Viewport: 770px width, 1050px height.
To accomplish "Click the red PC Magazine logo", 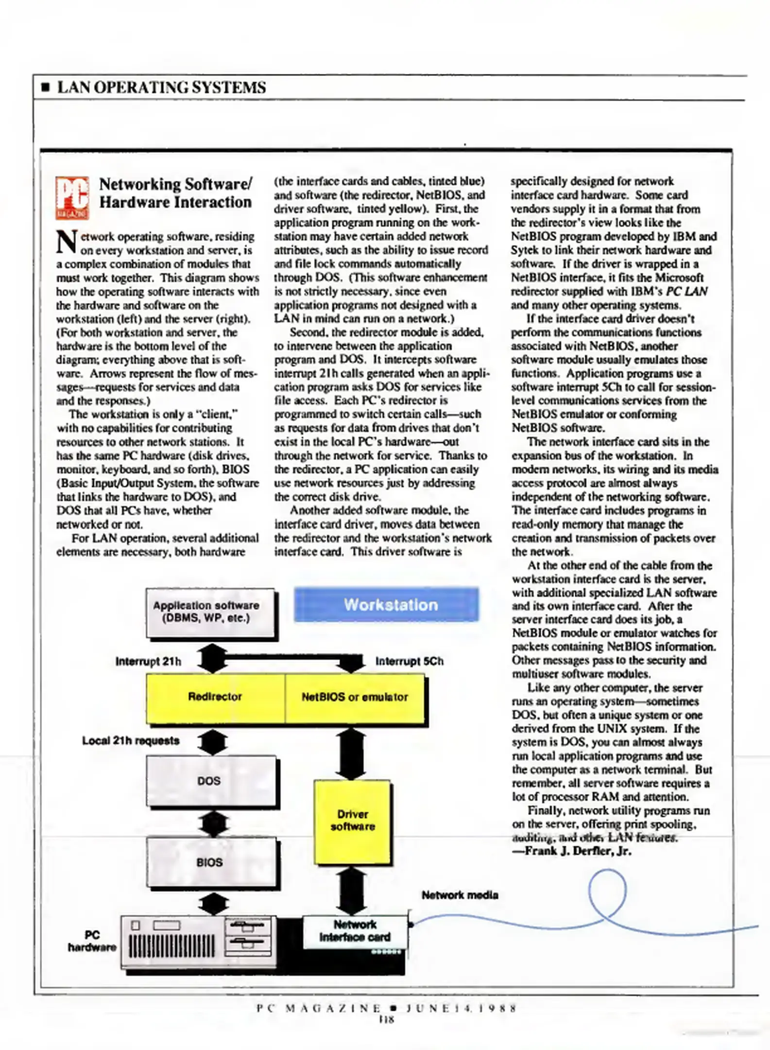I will coord(72,197).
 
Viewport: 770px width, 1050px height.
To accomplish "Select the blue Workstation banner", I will coord(386,604).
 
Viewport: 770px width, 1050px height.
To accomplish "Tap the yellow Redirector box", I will coord(215,697).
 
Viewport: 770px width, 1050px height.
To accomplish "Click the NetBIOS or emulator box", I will coord(355,697).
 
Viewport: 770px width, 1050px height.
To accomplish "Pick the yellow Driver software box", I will coord(353,821).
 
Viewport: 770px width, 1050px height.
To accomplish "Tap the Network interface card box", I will coord(355,931).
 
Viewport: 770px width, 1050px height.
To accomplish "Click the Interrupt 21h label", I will coord(148,662).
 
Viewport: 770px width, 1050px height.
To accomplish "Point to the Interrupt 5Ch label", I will coord(409,662).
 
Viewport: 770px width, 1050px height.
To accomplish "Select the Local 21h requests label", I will coord(131,741).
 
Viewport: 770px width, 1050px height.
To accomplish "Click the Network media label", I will coord(460,895).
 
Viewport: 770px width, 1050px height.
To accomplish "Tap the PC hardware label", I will coord(92,941).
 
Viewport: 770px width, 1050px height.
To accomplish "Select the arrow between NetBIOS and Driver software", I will coord(351,753).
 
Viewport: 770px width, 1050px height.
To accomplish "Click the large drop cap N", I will coord(67,242).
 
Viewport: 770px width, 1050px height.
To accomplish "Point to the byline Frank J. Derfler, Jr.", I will coord(572,851).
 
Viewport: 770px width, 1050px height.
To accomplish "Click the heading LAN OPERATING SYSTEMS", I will coord(161,87).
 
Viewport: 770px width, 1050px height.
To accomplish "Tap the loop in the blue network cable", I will coord(607,891).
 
